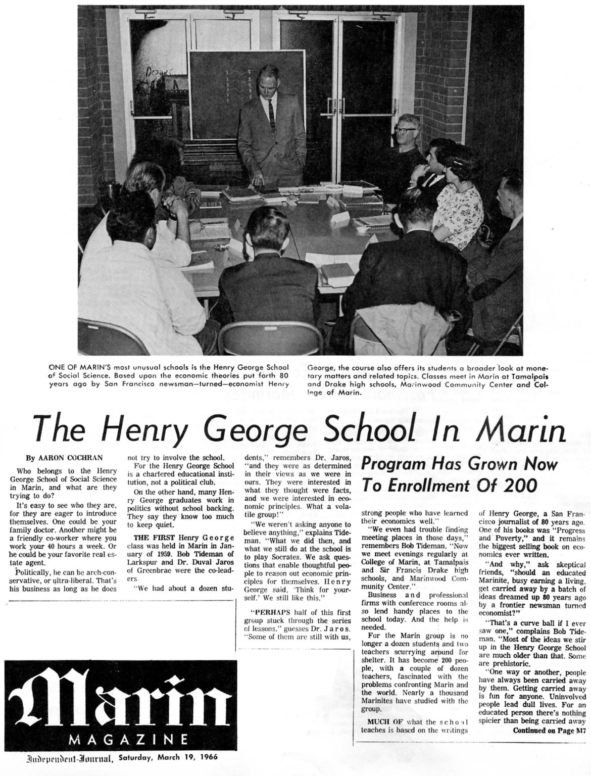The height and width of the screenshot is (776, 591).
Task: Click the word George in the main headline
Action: [x=259, y=430]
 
